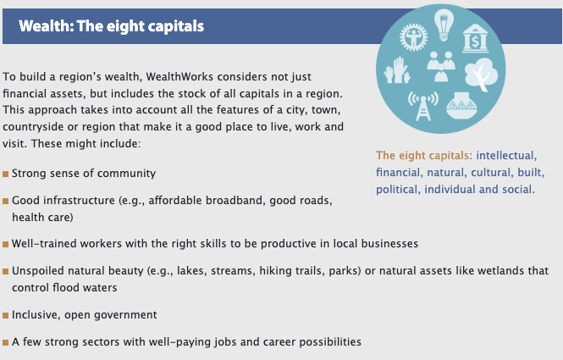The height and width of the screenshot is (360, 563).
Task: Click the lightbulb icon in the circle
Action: (444, 25)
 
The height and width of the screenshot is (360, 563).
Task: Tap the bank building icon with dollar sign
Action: (475, 38)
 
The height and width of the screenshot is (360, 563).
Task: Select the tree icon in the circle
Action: (481, 75)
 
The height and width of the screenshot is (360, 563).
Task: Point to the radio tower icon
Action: (423, 106)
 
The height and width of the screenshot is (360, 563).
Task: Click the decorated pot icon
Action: (461, 105)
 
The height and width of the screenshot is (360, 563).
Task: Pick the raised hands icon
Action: (397, 70)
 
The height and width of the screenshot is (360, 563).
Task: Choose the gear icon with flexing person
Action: (414, 37)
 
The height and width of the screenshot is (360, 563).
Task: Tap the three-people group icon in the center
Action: (441, 66)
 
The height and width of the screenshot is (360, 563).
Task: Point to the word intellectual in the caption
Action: (506, 156)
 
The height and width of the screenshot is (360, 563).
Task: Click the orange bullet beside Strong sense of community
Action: (5, 174)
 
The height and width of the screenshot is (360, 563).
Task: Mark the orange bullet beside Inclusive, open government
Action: (5, 315)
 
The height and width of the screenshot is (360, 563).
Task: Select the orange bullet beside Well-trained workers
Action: (5, 244)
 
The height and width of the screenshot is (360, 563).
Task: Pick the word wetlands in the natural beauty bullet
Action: (500, 270)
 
